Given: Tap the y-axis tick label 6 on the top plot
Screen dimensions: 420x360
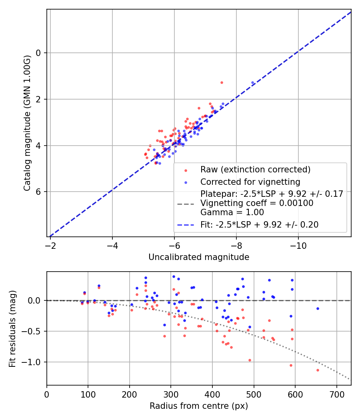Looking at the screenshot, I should [39, 192].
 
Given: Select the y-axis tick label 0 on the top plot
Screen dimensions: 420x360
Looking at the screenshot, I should [39, 53].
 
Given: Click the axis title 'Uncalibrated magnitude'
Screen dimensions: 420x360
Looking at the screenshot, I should [199, 257].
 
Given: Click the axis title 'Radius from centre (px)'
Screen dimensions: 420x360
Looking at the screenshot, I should [199, 406].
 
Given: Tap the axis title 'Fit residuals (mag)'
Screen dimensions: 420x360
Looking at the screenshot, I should [12, 328].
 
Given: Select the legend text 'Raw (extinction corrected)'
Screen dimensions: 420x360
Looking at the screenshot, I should [255, 170].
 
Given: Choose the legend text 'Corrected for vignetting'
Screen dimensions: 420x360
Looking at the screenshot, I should [250, 182].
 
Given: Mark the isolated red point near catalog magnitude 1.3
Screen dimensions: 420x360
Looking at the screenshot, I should [222, 82].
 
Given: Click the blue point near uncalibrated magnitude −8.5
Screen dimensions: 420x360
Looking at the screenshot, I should [252, 82].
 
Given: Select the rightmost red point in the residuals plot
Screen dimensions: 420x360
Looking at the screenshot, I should [318, 370].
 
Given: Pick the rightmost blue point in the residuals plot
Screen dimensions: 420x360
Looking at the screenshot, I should [318, 308].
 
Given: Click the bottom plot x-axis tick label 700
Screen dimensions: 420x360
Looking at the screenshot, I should [336, 394].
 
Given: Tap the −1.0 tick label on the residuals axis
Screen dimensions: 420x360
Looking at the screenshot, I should [36, 362].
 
